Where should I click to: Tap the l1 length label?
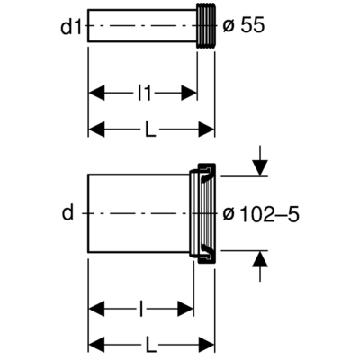pyautogui.click(x=141, y=91)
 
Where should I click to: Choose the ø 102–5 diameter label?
pyautogui.click(x=262, y=213)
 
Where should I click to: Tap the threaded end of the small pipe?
pyautogui.click(x=205, y=28)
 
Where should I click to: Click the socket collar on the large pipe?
pyautogui.click(x=203, y=213)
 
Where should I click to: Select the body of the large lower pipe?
pyautogui.click(x=139, y=213)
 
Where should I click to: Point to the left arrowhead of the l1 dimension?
pyautogui.click(x=95, y=91)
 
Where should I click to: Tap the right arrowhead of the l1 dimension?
pyautogui.click(x=190, y=91)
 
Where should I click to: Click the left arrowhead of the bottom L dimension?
pyautogui.click(x=95, y=343)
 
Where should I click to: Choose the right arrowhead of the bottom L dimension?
pyautogui.click(x=209, y=343)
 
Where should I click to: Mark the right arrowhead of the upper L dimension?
pyautogui.click(x=209, y=130)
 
